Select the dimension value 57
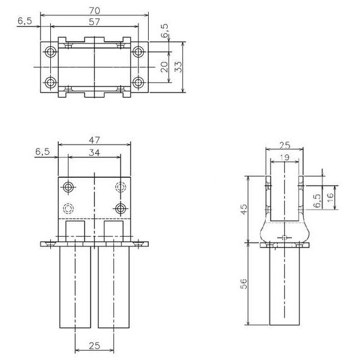(x=94, y=21)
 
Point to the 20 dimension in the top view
(x=163, y=67)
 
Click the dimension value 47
(x=94, y=140)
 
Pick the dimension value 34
(x=94, y=152)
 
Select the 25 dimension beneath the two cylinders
(x=94, y=346)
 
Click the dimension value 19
(x=285, y=157)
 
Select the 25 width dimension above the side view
(x=285, y=145)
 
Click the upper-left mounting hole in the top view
(x=51, y=51)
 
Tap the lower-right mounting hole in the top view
(x=138, y=82)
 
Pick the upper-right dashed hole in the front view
(x=121, y=187)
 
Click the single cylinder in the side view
(x=285, y=287)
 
